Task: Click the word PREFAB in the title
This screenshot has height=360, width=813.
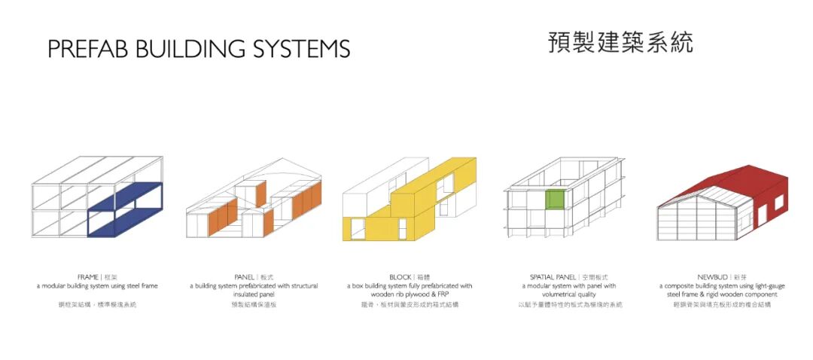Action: point(83,49)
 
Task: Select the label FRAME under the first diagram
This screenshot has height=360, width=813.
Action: point(88,277)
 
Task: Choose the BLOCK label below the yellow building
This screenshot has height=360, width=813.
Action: point(400,277)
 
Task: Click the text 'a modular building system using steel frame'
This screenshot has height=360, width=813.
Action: point(97,286)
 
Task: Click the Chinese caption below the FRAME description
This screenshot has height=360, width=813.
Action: point(97,305)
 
